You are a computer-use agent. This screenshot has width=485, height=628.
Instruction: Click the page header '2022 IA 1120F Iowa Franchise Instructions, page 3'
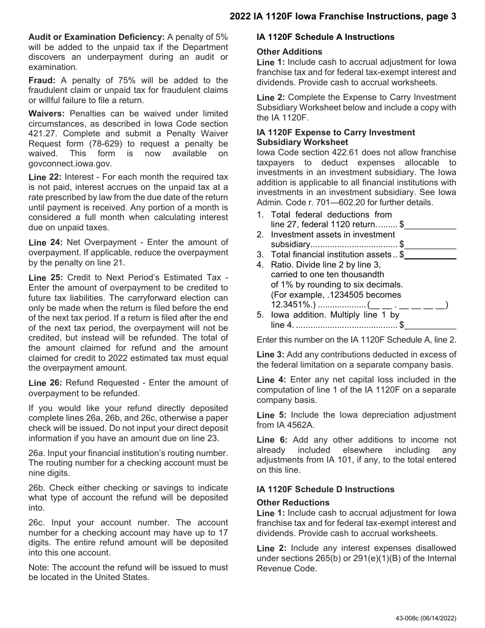pos(343,16)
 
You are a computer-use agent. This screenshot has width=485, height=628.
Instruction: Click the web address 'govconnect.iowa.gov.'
pos(70,163)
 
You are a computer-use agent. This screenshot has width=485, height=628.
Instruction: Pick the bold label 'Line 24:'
pos(45,243)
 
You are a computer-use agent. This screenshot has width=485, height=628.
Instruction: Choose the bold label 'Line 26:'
pos(45,383)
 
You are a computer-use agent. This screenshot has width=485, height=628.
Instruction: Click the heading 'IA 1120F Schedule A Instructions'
pos(325,37)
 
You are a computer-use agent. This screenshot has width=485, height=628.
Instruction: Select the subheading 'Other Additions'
pos(289,52)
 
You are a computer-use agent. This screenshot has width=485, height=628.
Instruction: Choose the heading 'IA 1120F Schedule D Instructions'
pos(325,489)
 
